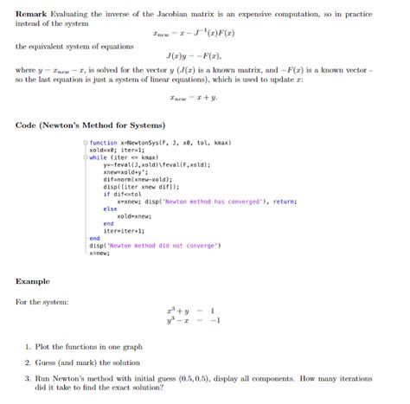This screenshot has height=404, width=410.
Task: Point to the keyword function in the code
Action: coord(104,143)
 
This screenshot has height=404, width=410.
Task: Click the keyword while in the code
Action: coord(98,157)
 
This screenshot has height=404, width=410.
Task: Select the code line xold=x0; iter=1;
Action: coord(120,151)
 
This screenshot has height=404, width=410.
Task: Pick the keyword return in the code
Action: coord(285,201)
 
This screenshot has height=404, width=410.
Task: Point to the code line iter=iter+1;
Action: coord(124,230)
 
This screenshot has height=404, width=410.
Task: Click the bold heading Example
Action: coord(33,282)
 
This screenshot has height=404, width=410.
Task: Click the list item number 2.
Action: coord(28,363)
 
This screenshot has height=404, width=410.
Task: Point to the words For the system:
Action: coord(42,302)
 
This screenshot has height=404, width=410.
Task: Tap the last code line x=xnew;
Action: coord(99,253)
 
